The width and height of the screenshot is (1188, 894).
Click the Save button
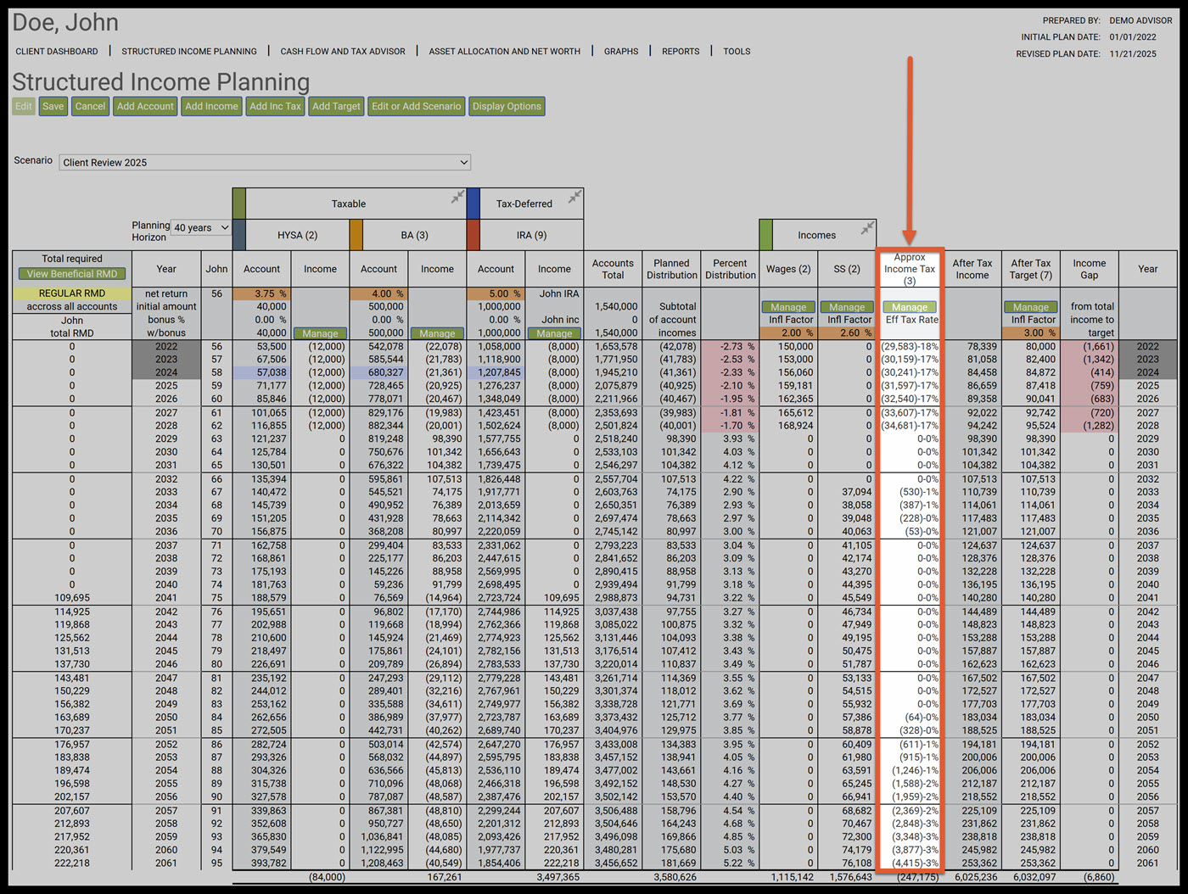pyautogui.click(x=53, y=106)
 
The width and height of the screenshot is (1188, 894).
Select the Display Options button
pyautogui.click(x=507, y=106)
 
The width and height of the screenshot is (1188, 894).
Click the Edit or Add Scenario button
pyautogui.click(x=416, y=106)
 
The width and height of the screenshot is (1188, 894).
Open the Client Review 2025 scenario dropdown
pyautogui.click(x=265, y=162)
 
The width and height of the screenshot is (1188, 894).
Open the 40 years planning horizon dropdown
pyautogui.click(x=201, y=227)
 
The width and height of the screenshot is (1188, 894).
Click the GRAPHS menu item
pyautogui.click(x=621, y=52)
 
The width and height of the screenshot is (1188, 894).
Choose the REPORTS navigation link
pyautogui.click(x=681, y=52)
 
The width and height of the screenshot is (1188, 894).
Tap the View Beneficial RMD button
pyautogui.click(x=72, y=274)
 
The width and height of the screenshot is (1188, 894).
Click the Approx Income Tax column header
pyautogui.click(x=909, y=269)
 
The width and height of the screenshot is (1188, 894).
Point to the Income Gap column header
pyautogui.click(x=1089, y=269)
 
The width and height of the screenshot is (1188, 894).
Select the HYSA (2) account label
pyautogui.click(x=297, y=235)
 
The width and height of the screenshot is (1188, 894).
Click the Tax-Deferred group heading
pyautogui.click(x=524, y=204)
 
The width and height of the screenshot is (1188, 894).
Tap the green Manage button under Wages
pyautogui.click(x=788, y=307)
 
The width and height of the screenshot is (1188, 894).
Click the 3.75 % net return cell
pyautogui.click(x=261, y=293)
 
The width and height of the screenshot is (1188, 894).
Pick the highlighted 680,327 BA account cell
pyautogui.click(x=379, y=372)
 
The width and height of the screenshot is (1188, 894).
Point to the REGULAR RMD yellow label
pyautogui.click(x=72, y=293)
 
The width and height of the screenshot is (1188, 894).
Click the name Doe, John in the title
pyautogui.click(x=65, y=23)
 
